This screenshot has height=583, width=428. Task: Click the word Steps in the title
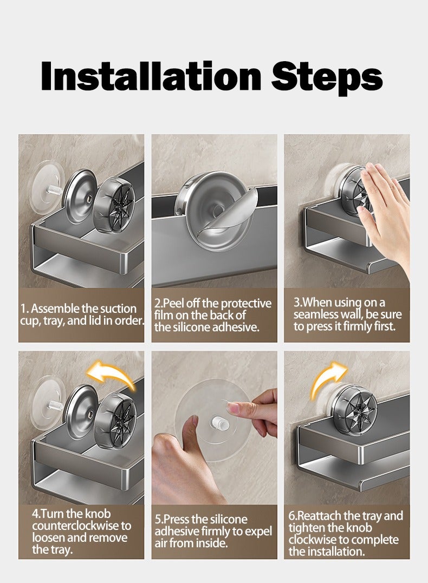327,78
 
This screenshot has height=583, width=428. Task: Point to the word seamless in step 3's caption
316,315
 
